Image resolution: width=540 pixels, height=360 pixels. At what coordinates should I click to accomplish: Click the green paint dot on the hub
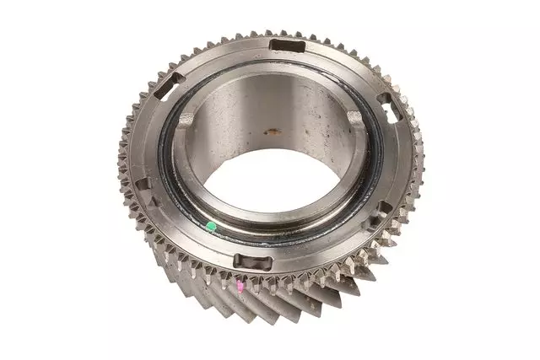click(x=210, y=226)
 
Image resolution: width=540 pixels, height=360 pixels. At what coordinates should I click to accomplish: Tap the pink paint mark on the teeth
click(x=241, y=287)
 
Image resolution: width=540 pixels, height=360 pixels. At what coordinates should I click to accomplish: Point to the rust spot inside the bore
click(x=273, y=132)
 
